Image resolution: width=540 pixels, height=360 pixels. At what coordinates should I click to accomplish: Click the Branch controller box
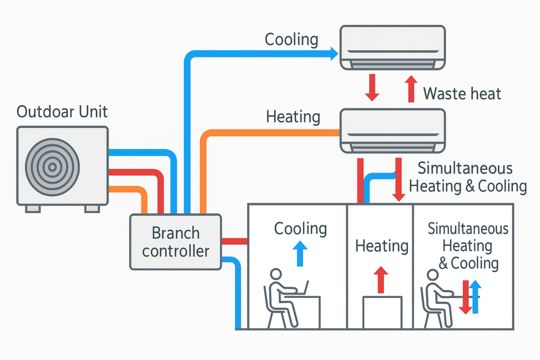(175, 242)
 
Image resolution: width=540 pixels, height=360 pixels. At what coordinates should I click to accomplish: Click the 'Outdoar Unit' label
(62, 112)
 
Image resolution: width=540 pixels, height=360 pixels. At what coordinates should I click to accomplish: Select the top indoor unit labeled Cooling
(392, 48)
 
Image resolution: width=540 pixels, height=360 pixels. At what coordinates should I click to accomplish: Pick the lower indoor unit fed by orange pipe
(392, 130)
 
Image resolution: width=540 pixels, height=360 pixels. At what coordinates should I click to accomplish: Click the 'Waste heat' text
(462, 94)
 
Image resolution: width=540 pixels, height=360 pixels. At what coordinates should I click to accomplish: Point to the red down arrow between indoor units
(372, 87)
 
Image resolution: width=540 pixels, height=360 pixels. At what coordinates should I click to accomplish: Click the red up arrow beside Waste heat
(410, 87)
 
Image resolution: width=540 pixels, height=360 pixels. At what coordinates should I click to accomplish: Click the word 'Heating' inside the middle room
(382, 246)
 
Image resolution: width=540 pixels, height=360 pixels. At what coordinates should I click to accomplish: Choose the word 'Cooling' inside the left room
(300, 229)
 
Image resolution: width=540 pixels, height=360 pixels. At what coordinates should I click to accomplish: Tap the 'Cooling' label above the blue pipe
(291, 40)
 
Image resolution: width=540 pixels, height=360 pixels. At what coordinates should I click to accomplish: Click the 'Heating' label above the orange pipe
(293, 116)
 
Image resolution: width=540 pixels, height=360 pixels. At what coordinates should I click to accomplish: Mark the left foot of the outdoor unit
(33, 208)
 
